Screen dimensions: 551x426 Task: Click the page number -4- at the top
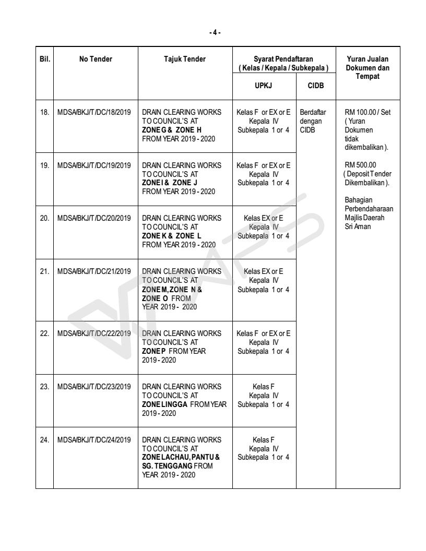click(212, 32)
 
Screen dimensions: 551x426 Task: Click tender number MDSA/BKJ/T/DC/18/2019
click(95, 112)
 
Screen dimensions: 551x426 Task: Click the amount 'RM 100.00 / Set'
click(368, 112)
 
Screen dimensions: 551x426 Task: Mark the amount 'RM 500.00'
click(359, 164)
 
